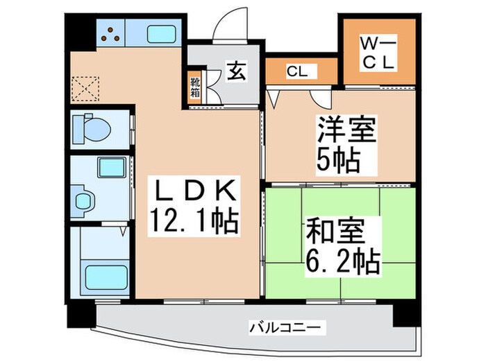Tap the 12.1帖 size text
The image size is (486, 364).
193,222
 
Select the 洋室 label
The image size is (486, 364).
346,132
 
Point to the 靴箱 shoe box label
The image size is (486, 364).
195,88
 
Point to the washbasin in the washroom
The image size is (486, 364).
85,199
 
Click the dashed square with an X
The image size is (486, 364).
87,87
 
